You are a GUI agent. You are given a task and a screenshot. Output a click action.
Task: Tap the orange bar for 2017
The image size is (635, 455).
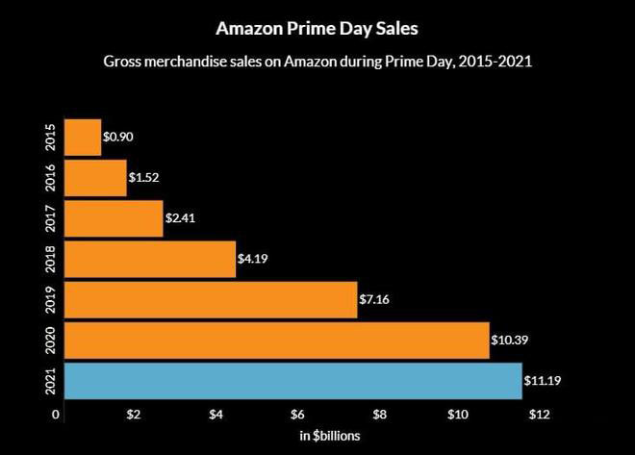[114, 218]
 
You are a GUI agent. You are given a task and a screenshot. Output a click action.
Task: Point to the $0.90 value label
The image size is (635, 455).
[118, 137]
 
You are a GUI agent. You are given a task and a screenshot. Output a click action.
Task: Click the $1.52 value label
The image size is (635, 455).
[144, 178]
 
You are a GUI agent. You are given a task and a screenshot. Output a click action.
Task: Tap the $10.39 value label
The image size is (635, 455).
[510, 341]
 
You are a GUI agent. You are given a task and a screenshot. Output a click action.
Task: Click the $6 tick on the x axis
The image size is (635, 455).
[299, 415]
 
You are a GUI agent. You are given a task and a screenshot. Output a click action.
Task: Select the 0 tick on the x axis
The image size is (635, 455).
[57, 415]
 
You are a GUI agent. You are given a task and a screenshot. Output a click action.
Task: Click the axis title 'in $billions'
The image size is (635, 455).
[331, 437]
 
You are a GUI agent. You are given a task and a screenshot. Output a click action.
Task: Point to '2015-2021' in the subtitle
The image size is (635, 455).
[494, 62]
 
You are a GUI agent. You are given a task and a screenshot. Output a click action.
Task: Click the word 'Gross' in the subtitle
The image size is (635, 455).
[124, 62]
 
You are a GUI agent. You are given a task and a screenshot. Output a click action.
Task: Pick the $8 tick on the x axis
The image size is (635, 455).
[380, 415]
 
